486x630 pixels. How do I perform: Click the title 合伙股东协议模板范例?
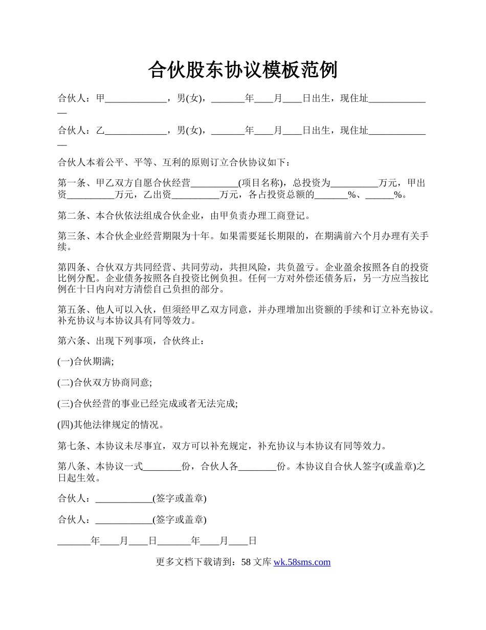coord(242,70)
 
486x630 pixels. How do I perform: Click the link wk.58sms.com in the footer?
coord(302,562)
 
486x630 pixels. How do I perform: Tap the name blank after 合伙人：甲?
coord(136,100)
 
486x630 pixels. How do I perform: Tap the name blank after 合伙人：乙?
coord(136,131)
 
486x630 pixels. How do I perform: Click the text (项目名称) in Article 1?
coord(261,183)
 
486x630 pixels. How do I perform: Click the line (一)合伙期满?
coord(86,362)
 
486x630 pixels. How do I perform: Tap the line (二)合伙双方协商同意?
coord(105,383)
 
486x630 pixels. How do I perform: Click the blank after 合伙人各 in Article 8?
coord(258,467)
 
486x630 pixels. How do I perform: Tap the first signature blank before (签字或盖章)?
coord(124,498)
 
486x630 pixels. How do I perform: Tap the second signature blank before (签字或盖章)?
coord(124,520)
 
